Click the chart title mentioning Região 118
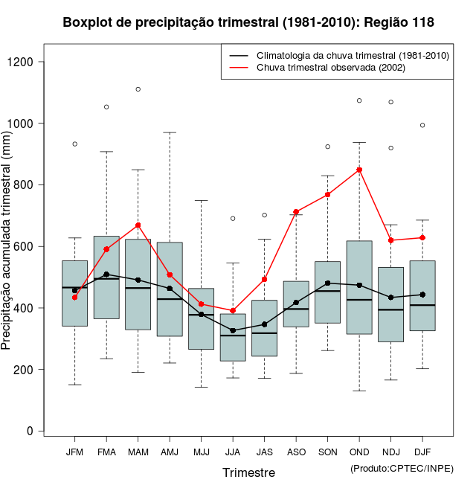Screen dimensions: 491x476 coord(248,23)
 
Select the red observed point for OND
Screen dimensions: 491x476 coord(359,170)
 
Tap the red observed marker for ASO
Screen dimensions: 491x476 coord(296,212)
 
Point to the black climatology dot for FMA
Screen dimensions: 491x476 coord(106,275)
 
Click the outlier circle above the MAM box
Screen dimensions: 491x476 coord(138,89)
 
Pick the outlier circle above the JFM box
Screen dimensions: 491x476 coord(75,144)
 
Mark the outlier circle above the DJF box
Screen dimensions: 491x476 coord(422,125)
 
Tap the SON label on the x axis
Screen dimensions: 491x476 coord(328,452)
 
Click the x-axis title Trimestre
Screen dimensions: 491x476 coord(248,472)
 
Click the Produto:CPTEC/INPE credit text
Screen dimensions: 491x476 coord(402,468)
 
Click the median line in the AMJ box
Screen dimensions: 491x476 coord(170,299)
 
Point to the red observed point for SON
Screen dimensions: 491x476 coord(328,195)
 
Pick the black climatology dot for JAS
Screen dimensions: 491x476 coord(265,324)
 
